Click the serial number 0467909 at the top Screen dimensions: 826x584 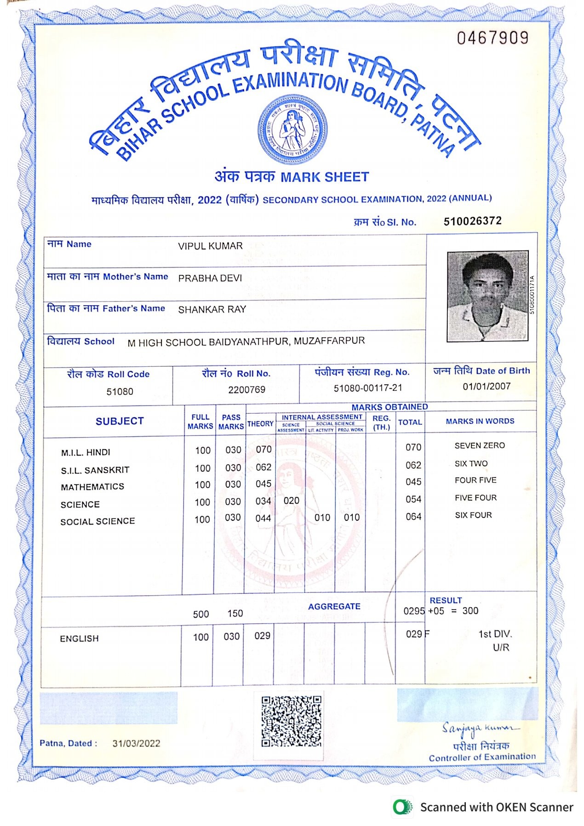[492, 38]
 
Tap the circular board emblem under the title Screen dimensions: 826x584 [292, 130]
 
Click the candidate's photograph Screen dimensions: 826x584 [487, 296]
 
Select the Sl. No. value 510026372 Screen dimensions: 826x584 [472, 221]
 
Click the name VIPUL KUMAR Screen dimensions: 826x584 [210, 246]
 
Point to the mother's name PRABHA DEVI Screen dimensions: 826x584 [210, 278]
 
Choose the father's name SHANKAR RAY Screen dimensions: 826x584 [212, 309]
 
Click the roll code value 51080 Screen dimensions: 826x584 [120, 392]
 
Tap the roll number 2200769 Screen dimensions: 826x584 [246, 390]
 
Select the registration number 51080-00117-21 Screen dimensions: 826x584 [367, 388]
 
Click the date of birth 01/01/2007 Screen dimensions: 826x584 [486, 386]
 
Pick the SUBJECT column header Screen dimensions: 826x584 [120, 421]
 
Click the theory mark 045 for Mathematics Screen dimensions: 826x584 [263, 484]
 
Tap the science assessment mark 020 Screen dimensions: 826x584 [291, 501]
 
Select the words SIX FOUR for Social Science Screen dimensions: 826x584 [473, 515]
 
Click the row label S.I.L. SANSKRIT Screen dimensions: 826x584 [95, 470]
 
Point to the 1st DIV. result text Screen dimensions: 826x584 [495, 634]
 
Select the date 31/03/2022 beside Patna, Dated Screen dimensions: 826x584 [136, 744]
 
